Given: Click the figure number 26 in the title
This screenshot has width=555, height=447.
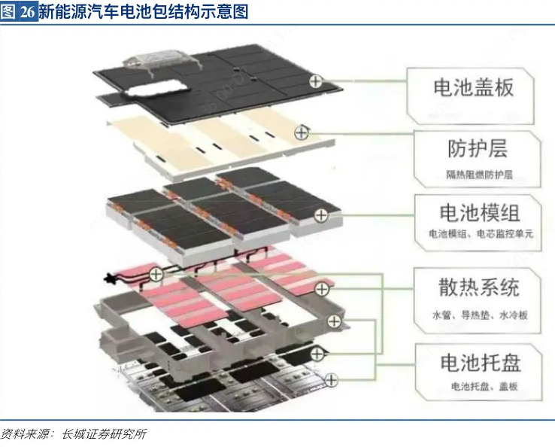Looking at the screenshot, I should coord(27,12).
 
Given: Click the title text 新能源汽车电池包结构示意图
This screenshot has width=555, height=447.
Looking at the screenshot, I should coord(142,12).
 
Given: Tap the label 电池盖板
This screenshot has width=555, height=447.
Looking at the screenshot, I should coord(473,87).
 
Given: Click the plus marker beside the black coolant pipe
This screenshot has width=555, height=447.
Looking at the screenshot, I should coord(156,274).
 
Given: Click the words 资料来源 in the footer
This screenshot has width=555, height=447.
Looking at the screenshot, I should coord(23,434).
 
